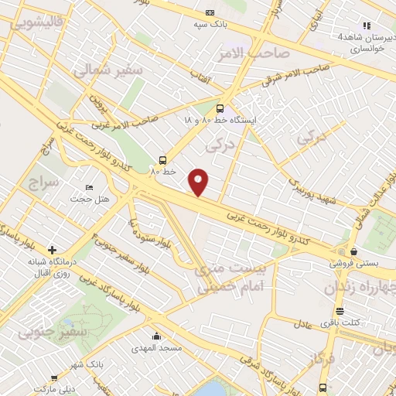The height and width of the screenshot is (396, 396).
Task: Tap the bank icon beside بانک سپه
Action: tap(210, 12)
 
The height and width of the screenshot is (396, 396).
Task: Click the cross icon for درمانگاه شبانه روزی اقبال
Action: tap(52, 250)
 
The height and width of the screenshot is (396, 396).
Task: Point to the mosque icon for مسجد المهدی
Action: tap(157, 336)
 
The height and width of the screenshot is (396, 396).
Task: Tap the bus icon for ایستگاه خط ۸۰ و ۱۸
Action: tap(220, 109)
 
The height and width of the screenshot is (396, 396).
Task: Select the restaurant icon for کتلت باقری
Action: tap(350, 312)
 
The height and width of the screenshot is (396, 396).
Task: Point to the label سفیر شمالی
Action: tap(108, 70)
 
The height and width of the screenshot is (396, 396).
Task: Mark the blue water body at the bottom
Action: tap(213, 389)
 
